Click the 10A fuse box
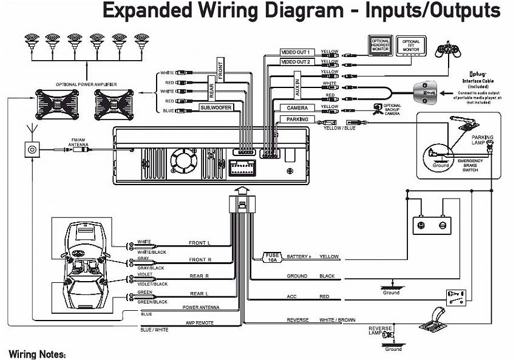coord(271,257)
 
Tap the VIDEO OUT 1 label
coord(296,53)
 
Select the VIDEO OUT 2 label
coord(296,62)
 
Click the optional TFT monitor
coord(412,46)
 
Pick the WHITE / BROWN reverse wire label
coord(338,320)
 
